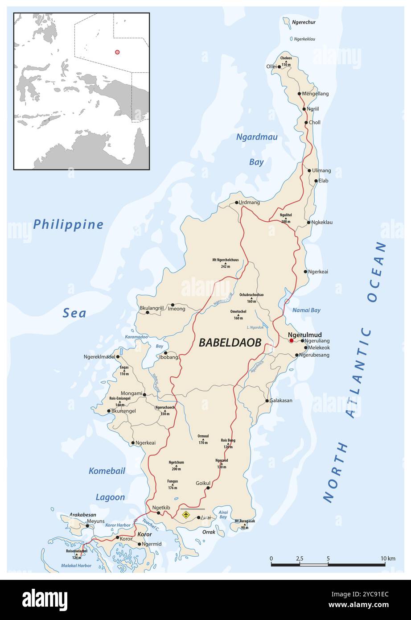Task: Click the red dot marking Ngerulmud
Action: click(x=291, y=340)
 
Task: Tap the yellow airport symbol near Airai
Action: click(x=186, y=515)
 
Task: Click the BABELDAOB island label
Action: click(x=230, y=343)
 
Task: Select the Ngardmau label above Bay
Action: click(x=256, y=137)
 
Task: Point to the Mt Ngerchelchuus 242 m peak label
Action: click(x=226, y=263)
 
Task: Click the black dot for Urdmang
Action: click(x=237, y=203)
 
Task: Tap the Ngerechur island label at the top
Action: click(x=304, y=22)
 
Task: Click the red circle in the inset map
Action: click(x=117, y=52)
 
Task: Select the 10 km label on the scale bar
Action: click(x=388, y=558)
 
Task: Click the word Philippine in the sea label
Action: click(x=68, y=224)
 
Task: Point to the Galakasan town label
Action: click(x=281, y=401)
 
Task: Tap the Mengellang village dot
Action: click(x=300, y=94)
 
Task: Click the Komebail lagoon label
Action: click(x=107, y=471)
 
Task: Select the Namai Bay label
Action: click(x=306, y=310)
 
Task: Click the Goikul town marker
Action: click(x=208, y=488)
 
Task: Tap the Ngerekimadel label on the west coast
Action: click(x=99, y=356)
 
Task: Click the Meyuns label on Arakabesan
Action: click(x=95, y=521)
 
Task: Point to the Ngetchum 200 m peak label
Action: click(x=177, y=465)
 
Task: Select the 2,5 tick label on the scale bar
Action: click(x=300, y=558)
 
